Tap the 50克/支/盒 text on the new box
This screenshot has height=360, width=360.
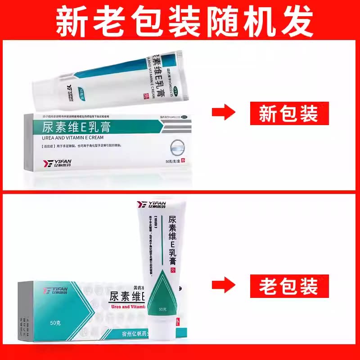173,162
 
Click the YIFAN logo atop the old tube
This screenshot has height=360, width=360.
151,205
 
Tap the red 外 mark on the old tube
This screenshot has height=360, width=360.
172,270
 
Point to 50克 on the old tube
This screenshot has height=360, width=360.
163,309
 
